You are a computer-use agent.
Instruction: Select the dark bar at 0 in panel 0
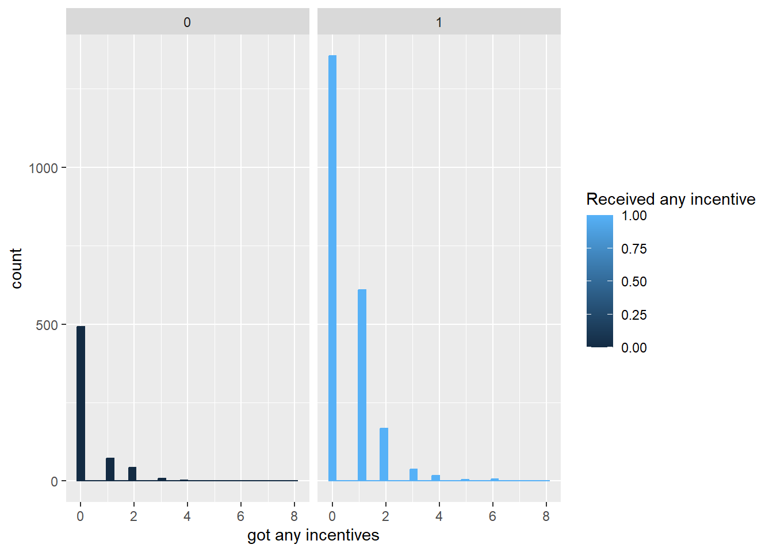81,403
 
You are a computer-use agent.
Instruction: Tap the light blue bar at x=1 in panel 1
362,385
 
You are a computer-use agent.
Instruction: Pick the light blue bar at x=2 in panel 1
384,454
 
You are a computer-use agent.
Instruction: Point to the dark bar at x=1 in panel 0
110,469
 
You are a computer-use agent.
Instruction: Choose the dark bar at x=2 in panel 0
132,474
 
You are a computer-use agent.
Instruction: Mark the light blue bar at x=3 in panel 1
414,475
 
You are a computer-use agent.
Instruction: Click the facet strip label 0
187,22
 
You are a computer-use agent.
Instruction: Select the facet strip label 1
439,22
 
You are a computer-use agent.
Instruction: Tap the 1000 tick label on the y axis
43,168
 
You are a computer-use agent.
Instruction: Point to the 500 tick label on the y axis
47,325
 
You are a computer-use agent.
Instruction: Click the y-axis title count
16,269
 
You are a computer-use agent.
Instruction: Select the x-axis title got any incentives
313,535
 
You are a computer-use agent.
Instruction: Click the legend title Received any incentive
671,199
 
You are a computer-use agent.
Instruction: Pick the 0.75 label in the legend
634,249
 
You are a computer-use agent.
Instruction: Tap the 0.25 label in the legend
634,315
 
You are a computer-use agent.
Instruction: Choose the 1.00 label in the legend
634,216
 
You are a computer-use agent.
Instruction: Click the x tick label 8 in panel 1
546,516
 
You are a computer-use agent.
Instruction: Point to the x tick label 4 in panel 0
187,516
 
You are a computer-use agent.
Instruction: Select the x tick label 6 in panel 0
240,516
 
